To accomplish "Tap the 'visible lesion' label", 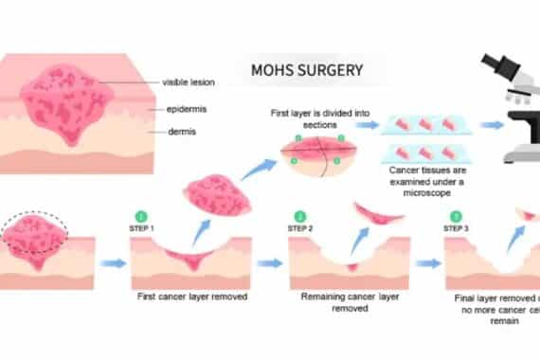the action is pyautogui.click(x=188, y=82).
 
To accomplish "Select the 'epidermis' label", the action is pyautogui.click(x=187, y=109).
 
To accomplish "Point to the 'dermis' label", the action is pyautogui.click(x=183, y=132).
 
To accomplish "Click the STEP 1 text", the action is pyautogui.click(x=142, y=227).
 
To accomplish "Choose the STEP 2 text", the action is pyautogui.click(x=300, y=227).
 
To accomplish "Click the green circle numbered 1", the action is pyautogui.click(x=142, y=216).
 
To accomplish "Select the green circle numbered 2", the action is pyautogui.click(x=300, y=216).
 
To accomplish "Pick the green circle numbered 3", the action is pyautogui.click(x=459, y=216).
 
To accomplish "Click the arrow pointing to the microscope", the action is pyautogui.click(x=492, y=124).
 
